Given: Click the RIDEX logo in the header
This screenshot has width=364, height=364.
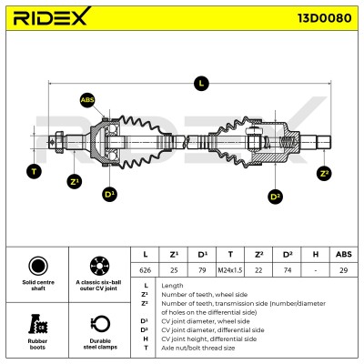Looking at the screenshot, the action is coord(52,16).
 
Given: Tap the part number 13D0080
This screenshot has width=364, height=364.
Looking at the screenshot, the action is coord(324,18).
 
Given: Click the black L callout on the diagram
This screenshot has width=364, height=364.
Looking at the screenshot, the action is coord(201,83).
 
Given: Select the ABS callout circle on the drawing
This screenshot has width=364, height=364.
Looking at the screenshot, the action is coord(87,100).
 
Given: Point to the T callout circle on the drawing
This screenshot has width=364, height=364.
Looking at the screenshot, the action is coord(34,171).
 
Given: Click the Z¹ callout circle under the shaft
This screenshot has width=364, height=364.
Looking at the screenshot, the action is coord(75,181).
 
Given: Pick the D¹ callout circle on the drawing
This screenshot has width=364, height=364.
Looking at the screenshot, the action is coord(110,194).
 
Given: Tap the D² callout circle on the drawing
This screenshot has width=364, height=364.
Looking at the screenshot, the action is coord(276,197).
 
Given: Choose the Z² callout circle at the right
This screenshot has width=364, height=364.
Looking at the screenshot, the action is coord(324,173).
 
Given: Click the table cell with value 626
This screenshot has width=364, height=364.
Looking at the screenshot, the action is coord(145,270).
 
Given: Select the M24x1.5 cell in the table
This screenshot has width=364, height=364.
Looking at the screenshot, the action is coord(230,270).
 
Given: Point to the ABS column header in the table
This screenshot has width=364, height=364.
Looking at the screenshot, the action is coord(344,254).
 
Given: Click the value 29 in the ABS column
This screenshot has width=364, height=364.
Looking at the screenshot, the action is coord(344,270).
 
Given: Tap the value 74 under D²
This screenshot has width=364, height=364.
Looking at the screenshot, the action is coord(287,270).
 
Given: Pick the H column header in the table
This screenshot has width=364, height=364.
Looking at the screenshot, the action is coord(316,254).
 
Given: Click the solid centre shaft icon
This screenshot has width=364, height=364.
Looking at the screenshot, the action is coord(38,266).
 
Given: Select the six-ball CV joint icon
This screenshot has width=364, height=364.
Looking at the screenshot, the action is coord(100,266).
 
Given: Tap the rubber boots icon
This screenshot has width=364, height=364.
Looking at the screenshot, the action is coord(37,324).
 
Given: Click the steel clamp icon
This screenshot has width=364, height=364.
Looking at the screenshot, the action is coord(100,324).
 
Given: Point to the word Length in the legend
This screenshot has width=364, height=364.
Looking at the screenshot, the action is coord(172,286).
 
